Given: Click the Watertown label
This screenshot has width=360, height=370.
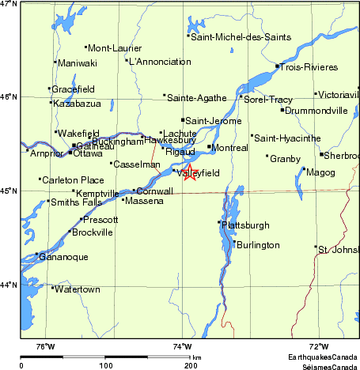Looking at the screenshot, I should pyautogui.click(x=76, y=289).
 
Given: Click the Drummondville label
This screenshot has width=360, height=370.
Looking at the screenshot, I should pyautogui.click(x=316, y=111).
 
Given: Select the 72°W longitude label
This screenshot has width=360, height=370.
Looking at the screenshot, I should pyautogui.click(x=318, y=347).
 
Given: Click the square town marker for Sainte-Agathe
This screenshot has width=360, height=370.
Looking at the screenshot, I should pyautogui.click(x=165, y=96).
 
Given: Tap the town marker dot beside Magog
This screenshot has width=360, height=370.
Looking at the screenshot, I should pyautogui.click(x=305, y=168).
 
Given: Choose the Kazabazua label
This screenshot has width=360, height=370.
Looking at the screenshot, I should pyautogui.click(x=77, y=104).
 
